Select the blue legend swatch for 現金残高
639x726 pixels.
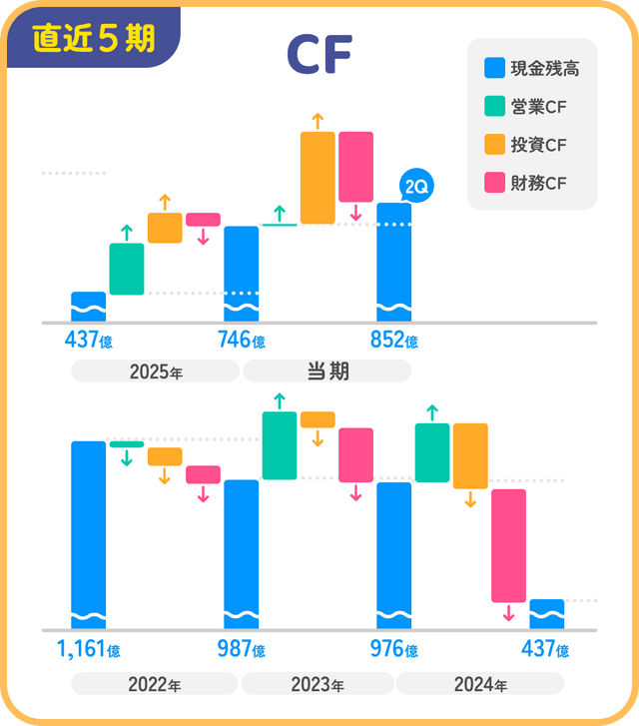click(x=494, y=69)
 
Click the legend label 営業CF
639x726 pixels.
click(x=543, y=107)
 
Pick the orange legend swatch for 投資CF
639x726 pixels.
click(x=494, y=145)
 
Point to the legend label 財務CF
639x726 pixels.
click(x=543, y=183)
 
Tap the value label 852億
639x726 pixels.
click(x=393, y=341)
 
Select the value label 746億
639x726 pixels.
click(x=241, y=341)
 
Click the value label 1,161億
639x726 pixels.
click(x=88, y=649)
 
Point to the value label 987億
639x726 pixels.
click(x=241, y=649)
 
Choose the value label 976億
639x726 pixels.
click(x=393, y=649)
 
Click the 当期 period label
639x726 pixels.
click(x=327, y=371)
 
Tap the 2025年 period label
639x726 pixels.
click(x=156, y=372)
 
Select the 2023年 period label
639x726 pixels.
click(x=318, y=685)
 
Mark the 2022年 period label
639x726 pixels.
click(x=155, y=685)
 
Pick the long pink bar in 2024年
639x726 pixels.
click(x=508, y=545)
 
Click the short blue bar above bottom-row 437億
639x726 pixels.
click(x=547, y=613)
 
